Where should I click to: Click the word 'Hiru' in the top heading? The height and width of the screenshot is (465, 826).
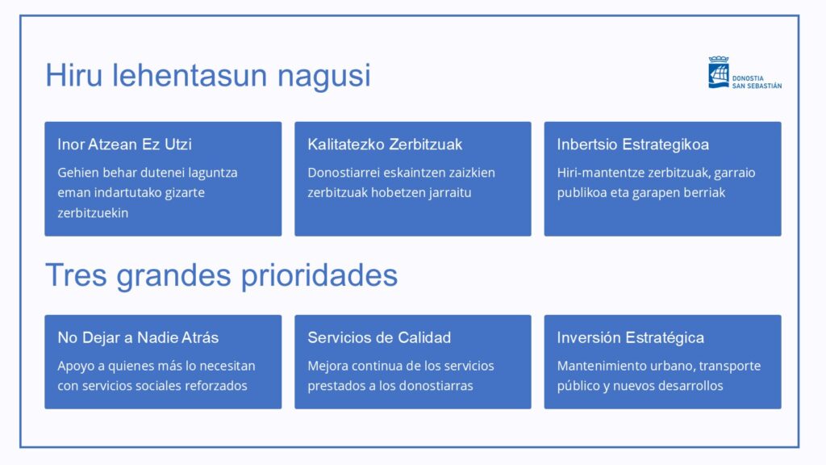click(x=73, y=75)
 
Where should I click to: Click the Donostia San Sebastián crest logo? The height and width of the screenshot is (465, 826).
click(x=719, y=72)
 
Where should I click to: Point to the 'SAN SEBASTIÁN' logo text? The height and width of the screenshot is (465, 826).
click(x=757, y=86)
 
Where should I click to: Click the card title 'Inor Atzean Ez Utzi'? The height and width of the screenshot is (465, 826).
click(x=124, y=145)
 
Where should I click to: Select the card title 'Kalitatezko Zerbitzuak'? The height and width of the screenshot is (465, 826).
click(x=385, y=145)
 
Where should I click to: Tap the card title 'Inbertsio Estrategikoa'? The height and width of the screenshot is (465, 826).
click(x=632, y=145)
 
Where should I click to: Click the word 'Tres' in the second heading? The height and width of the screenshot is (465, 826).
click(x=77, y=275)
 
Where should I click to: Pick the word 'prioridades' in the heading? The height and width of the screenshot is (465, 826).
click(x=319, y=276)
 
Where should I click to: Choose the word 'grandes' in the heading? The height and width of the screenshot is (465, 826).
click(x=174, y=276)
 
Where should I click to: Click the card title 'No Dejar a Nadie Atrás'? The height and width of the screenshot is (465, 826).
click(x=138, y=338)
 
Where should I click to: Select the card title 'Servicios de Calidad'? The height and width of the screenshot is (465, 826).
click(x=379, y=338)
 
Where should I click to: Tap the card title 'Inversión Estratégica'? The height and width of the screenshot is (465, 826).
click(x=631, y=338)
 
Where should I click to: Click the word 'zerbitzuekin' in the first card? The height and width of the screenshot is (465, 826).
click(x=93, y=213)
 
